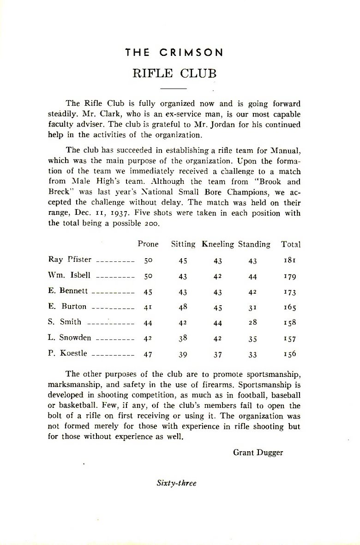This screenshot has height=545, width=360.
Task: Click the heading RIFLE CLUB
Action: (x=174, y=74)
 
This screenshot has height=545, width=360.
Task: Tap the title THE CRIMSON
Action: (x=174, y=53)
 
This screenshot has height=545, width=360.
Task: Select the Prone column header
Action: (x=148, y=244)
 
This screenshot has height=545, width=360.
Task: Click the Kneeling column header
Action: (x=218, y=244)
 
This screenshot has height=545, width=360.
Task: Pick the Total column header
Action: (x=291, y=244)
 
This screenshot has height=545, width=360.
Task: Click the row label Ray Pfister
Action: (x=70, y=260)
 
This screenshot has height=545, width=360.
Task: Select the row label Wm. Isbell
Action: (x=69, y=275)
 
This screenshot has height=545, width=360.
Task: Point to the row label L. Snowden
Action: (x=70, y=338)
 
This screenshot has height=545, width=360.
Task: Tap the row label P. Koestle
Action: (x=67, y=354)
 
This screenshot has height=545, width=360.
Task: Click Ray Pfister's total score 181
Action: (x=290, y=260)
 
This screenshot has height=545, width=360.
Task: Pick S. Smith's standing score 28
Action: (x=252, y=323)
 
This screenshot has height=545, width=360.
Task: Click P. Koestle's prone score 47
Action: (x=148, y=354)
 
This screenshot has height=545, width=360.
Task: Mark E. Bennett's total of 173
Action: (x=290, y=292)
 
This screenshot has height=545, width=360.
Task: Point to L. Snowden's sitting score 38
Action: (x=183, y=338)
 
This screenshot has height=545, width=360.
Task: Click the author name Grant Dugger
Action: (x=258, y=452)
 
